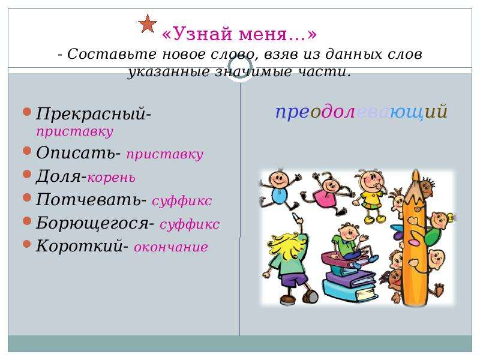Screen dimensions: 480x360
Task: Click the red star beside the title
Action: (x=148, y=24)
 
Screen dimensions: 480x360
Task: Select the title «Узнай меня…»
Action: (x=239, y=34)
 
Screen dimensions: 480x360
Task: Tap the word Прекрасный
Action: (x=91, y=114)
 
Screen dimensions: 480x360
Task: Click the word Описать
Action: (x=76, y=152)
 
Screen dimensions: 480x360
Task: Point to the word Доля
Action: (x=58, y=176)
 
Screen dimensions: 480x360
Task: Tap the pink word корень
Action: (x=112, y=178)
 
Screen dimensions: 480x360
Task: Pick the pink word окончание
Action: (x=171, y=247)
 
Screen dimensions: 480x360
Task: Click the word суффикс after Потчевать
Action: (x=182, y=201)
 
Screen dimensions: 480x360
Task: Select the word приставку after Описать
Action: (x=164, y=154)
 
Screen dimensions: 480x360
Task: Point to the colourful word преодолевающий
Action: (x=362, y=112)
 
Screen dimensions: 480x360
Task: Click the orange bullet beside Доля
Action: (x=27, y=174)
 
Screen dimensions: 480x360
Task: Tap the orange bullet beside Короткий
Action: (x=27, y=244)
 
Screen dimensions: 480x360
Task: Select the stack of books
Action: (x=349, y=275)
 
